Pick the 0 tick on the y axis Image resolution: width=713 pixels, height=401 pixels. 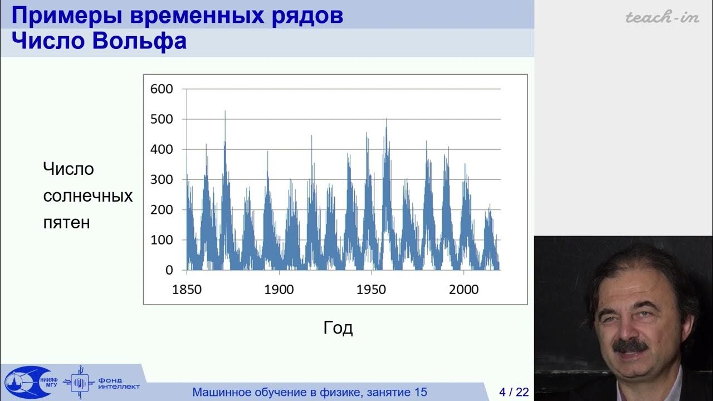(x=169, y=270)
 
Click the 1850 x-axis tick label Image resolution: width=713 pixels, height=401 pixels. (x=187, y=290)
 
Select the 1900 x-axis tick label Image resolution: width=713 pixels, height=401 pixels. (x=279, y=290)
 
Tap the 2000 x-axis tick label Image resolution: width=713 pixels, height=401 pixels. (x=464, y=290)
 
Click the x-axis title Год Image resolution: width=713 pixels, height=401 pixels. (x=338, y=328)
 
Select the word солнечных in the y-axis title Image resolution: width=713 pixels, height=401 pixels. (x=88, y=196)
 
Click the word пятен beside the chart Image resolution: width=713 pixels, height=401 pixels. (x=66, y=223)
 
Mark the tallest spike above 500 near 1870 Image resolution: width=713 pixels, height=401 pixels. (x=225, y=112)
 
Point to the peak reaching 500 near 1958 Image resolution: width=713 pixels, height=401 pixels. (x=386, y=119)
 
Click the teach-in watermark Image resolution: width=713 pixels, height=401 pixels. (x=662, y=17)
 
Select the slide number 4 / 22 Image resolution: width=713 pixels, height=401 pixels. (x=514, y=392)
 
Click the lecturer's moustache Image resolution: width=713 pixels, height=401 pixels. (x=630, y=345)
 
